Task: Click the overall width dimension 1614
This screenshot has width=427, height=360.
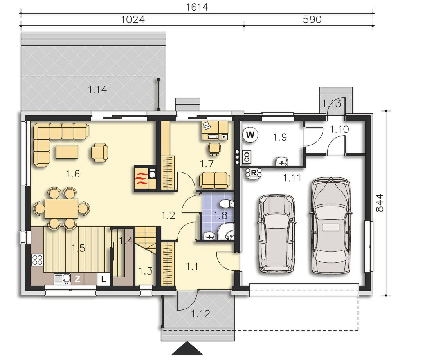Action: pos(197,7)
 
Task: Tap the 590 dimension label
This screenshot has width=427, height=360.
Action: pos(312,19)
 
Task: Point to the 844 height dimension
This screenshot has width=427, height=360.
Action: pos(379,203)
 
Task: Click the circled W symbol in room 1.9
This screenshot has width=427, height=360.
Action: pos(250,135)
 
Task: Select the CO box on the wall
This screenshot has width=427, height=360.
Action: pos(247,157)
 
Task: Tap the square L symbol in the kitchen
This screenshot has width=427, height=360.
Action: pos(103,279)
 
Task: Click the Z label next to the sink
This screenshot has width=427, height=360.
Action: pos(77,279)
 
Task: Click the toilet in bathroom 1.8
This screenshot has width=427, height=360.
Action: pos(227,204)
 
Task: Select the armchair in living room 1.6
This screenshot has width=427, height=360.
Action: pos(99,152)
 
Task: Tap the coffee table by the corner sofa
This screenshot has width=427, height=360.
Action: pos(67,152)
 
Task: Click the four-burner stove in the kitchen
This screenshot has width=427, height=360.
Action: pos(37,260)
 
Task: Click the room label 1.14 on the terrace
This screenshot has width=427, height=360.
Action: pos(97,89)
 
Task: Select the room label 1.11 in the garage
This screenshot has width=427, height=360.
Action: pos(292,178)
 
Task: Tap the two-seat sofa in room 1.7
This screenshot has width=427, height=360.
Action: pos(214,181)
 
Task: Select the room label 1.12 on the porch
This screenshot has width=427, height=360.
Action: pos(200,314)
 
